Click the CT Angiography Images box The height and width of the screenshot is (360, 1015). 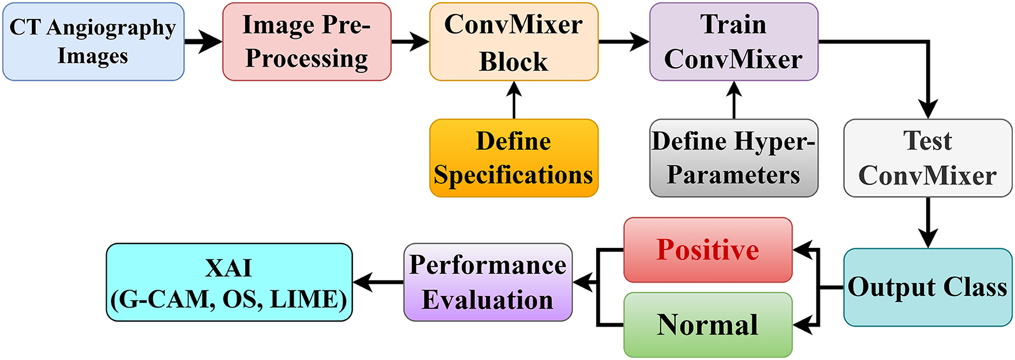pos(93,42)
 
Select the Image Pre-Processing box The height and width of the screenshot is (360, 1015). pos(306,42)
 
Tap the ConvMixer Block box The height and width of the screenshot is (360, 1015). pos(514,42)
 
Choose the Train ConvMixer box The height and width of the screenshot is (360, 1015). pos(734,42)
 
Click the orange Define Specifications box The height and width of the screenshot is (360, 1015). pos(514,158)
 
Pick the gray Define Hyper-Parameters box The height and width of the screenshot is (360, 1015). pos(734,158)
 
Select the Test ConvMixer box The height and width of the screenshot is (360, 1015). pos(927,158)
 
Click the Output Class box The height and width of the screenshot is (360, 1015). pos(927,287)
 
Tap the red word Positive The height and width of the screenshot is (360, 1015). pos(708,250)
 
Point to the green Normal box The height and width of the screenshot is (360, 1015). pos(708,325)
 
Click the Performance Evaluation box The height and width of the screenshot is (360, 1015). pos(488,282)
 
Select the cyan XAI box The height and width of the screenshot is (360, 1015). pos(229,282)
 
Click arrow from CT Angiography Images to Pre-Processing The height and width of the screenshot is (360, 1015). pos(203,42)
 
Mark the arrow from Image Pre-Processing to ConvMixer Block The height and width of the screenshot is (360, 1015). pos(410,42)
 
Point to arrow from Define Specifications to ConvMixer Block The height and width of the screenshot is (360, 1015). pos(514,100)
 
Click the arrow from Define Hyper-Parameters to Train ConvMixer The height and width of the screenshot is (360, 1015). pos(734,100)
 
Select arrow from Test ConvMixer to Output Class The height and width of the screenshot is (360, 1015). pos(928,222)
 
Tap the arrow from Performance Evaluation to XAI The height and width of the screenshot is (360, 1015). pos(378,282)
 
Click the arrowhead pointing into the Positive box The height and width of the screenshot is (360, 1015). pos(802,250)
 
